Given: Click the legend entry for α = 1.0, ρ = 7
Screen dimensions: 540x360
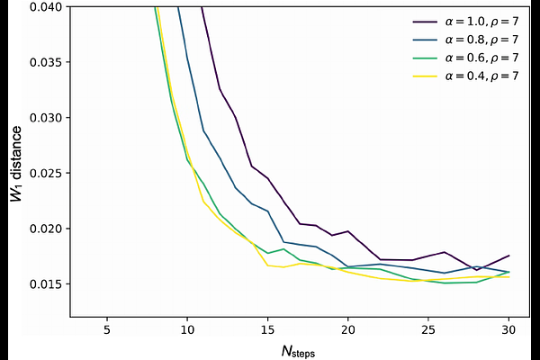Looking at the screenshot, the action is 465,22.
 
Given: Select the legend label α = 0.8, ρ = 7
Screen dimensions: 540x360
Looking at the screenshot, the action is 465,40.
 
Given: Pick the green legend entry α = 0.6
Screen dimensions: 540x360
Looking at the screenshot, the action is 465,58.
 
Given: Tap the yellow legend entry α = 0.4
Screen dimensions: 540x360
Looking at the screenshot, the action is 465,76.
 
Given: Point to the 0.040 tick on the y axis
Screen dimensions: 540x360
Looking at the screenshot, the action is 46,6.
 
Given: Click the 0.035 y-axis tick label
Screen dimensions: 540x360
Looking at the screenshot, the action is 46,62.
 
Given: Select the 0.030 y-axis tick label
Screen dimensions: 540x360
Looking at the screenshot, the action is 46,118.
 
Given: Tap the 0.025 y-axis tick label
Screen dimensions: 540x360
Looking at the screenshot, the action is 46,174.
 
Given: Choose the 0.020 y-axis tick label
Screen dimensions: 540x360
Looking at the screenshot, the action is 46,229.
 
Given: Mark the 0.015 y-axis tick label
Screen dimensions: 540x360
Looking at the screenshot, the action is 46,284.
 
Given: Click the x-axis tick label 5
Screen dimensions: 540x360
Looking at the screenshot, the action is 107,329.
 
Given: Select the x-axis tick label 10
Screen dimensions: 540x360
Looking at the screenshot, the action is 187,329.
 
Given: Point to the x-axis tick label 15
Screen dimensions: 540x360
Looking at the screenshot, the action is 267,329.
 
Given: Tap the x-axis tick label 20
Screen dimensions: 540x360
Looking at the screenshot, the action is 347,329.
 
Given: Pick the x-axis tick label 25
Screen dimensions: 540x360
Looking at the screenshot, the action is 428,329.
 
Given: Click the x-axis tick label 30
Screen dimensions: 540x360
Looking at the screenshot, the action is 508,329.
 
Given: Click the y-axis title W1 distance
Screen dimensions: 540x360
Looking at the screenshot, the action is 16,165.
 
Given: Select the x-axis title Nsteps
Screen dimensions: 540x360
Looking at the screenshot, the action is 298,351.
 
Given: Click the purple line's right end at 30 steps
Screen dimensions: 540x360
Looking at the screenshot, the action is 509,256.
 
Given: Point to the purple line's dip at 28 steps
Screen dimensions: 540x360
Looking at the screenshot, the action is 477,270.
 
